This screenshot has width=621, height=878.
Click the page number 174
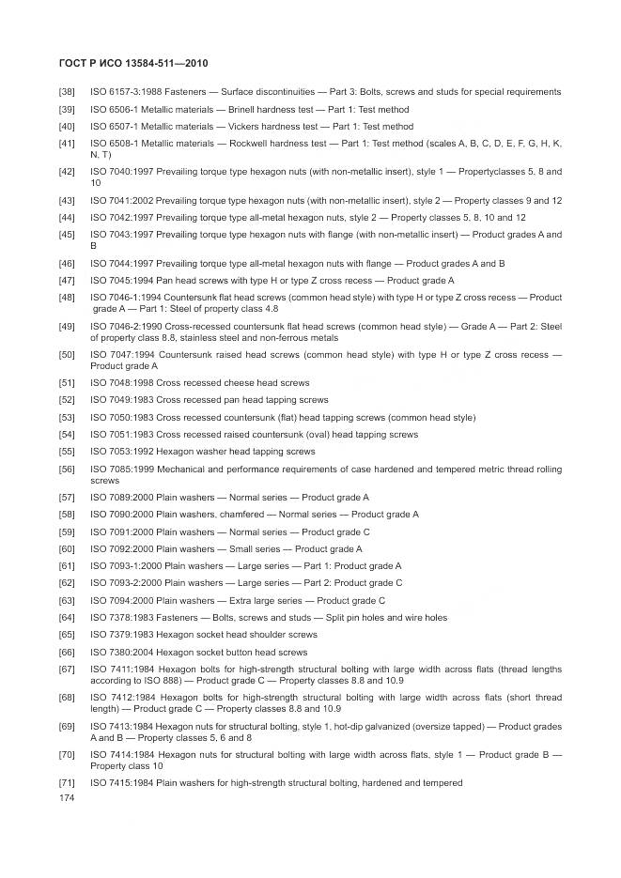(x=66, y=798)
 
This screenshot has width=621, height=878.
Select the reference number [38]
(x=67, y=92)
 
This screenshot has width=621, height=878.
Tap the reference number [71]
(x=67, y=783)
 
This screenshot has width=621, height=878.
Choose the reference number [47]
(x=67, y=281)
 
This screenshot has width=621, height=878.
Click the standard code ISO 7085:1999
(x=121, y=469)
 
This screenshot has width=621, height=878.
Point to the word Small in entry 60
(x=232, y=548)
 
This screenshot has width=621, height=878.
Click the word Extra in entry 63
(x=231, y=601)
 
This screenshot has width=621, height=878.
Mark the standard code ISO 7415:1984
(x=121, y=783)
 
